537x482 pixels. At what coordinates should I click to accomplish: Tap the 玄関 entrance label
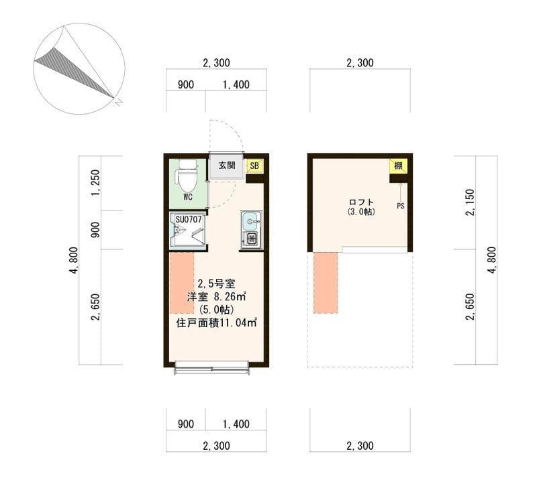(x=227, y=166)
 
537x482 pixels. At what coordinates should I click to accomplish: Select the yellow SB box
(x=254, y=166)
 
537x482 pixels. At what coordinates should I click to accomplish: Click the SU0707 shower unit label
(x=189, y=220)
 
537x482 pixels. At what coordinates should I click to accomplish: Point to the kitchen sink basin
(x=251, y=221)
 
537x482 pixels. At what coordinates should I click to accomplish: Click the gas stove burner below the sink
(x=251, y=239)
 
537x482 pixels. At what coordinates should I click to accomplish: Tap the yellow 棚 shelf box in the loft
(x=398, y=166)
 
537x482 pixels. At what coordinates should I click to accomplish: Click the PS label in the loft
(x=401, y=206)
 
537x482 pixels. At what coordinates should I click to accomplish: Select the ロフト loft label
(x=361, y=202)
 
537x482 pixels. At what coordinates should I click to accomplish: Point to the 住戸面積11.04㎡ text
(x=216, y=322)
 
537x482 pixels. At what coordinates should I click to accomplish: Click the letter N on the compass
(x=119, y=102)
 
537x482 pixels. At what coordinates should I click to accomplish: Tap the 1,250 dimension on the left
(x=95, y=184)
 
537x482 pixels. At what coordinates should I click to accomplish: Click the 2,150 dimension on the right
(x=471, y=202)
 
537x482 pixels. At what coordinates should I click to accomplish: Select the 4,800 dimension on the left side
(x=74, y=260)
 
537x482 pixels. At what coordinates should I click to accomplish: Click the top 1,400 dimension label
(x=236, y=84)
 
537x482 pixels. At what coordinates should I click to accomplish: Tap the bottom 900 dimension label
(x=186, y=424)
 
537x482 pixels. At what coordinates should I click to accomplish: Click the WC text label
(x=188, y=197)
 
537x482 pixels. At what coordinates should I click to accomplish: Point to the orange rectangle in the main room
(x=182, y=283)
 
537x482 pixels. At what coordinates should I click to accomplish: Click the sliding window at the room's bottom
(x=212, y=367)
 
